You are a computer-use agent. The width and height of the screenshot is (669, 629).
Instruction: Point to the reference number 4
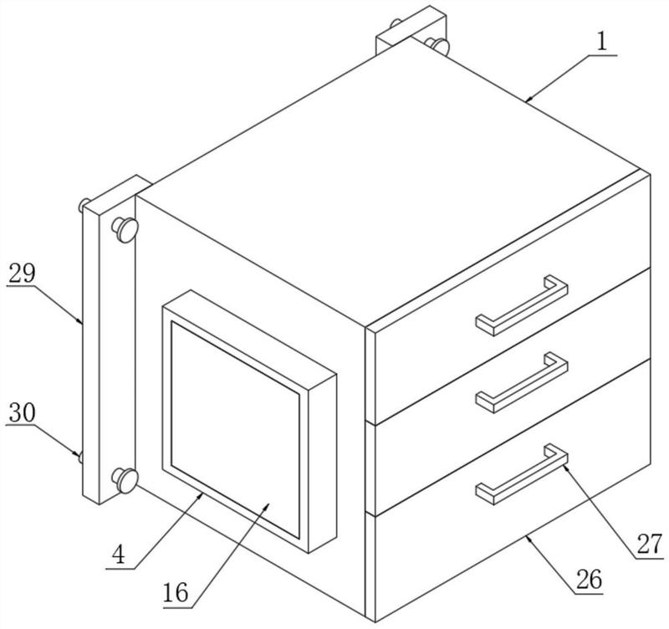(122, 555)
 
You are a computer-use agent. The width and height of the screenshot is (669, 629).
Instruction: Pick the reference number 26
(590, 579)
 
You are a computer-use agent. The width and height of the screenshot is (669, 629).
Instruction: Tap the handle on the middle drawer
(522, 381)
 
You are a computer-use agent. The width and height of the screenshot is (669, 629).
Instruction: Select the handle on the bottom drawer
(522, 473)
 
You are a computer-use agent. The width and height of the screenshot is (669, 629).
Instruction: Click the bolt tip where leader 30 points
(80, 458)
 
